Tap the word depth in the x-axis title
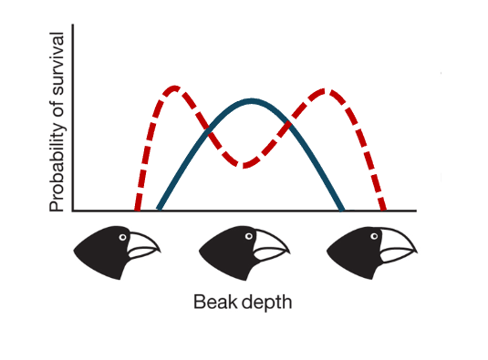[x=270, y=301]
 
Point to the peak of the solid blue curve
[x=251, y=100]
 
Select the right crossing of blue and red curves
[x=291, y=122]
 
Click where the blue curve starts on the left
[x=159, y=210]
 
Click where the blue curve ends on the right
[x=342, y=210]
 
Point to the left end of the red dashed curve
[x=137, y=210]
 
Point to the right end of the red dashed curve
[x=383, y=210]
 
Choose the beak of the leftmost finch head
[x=143, y=244]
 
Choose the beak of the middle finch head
[x=271, y=244]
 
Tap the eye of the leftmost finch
[x=122, y=237]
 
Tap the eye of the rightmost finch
[x=378, y=237]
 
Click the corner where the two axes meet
[x=74, y=211]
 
